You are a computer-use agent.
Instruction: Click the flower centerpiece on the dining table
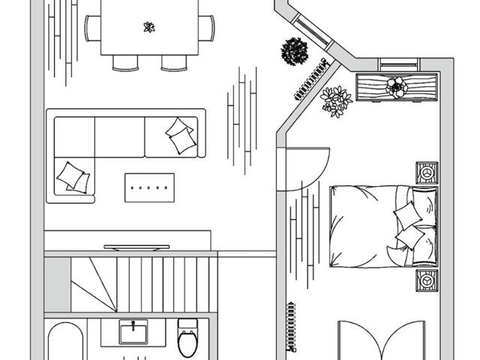(148, 28)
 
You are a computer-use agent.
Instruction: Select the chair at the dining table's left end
(93, 28)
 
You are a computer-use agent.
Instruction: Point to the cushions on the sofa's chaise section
(73, 177)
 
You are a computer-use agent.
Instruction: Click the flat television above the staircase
(136, 246)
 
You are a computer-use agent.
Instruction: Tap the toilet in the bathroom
(187, 337)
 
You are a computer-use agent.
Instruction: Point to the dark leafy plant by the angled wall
(294, 52)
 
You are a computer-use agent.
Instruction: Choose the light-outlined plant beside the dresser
(335, 100)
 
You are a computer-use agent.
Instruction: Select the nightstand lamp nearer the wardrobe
(427, 280)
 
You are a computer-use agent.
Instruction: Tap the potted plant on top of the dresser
(396, 86)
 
